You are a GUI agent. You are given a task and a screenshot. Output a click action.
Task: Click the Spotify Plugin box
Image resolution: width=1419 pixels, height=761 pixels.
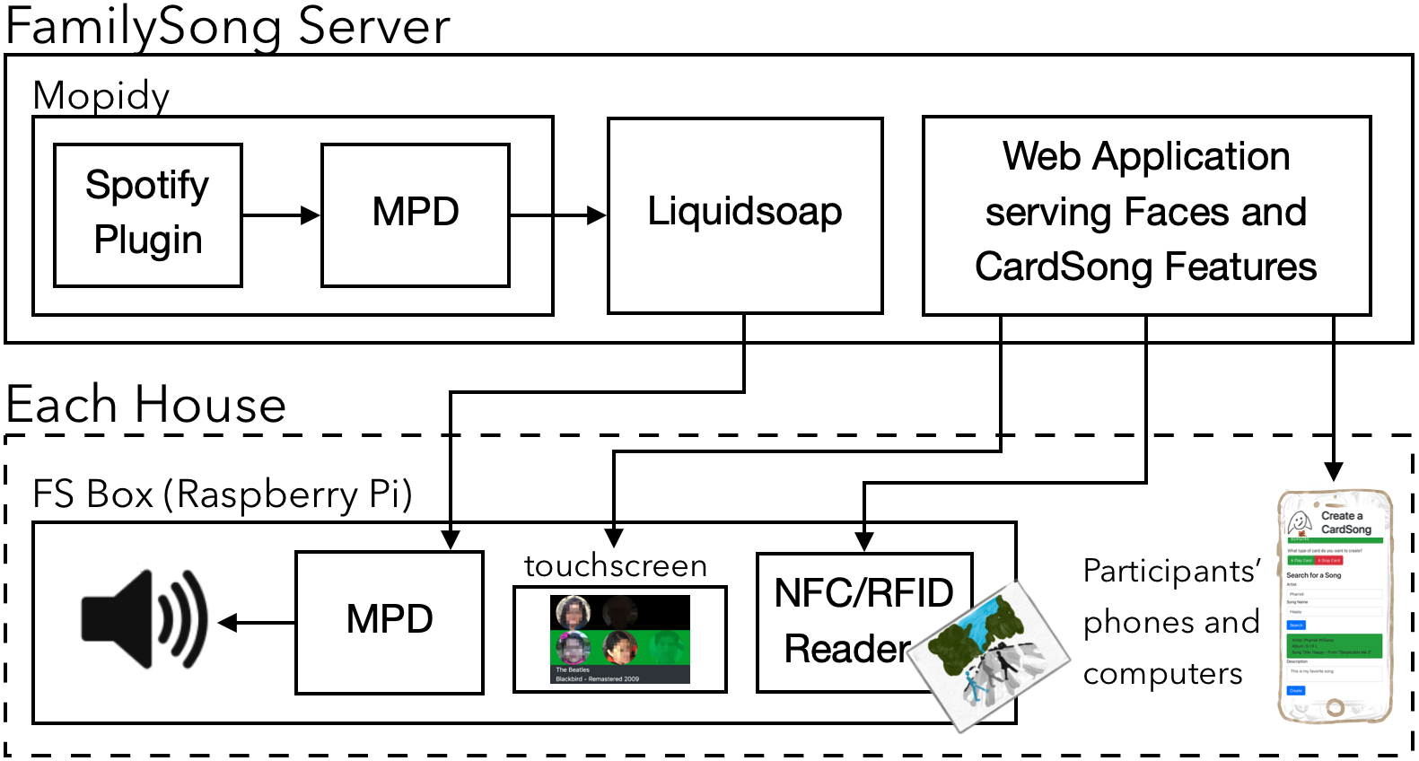(x=148, y=214)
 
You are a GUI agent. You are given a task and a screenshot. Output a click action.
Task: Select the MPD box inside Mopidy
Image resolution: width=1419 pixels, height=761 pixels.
(x=416, y=214)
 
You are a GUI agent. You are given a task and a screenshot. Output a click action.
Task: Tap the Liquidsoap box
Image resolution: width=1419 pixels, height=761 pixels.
(x=745, y=214)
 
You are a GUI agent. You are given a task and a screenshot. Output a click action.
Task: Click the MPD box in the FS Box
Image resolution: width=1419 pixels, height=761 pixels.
(x=390, y=621)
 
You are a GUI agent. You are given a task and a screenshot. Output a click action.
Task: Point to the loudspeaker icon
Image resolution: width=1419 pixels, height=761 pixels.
(x=145, y=619)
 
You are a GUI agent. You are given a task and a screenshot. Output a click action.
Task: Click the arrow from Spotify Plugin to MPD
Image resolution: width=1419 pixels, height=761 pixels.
(x=281, y=215)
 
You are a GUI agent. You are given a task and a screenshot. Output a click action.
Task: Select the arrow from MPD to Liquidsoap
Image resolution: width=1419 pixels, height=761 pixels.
(x=557, y=215)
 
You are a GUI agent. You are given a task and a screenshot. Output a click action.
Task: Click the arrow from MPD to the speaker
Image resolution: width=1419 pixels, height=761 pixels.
(x=258, y=622)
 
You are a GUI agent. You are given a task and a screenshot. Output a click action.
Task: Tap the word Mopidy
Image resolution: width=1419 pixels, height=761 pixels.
(x=101, y=96)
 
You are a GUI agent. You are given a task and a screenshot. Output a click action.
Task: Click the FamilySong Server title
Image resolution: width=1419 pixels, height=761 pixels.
(x=227, y=27)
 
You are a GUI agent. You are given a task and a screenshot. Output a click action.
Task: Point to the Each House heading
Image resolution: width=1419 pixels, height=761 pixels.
(x=145, y=405)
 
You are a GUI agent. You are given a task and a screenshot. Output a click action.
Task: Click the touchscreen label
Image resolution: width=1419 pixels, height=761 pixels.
(x=616, y=566)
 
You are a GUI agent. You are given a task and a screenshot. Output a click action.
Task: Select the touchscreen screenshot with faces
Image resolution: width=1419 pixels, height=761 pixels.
(x=619, y=639)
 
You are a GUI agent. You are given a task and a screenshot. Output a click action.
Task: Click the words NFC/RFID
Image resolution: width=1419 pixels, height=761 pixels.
(x=863, y=593)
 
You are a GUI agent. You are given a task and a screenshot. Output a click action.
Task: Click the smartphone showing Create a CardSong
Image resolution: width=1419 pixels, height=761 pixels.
(x=1335, y=607)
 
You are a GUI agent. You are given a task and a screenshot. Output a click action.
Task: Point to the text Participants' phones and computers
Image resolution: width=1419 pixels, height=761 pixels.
(x=1170, y=622)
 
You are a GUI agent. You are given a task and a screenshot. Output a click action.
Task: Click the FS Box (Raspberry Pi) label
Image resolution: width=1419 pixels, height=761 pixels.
(x=222, y=494)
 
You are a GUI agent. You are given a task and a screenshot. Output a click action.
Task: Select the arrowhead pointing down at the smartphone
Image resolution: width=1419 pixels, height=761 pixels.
(x=1334, y=471)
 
